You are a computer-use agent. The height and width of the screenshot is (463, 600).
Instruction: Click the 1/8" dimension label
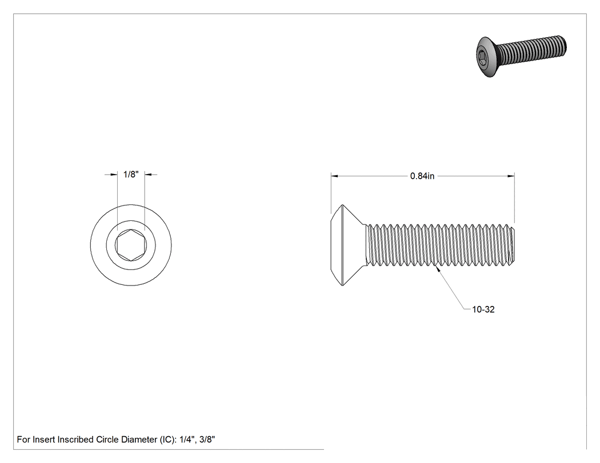click(x=131, y=174)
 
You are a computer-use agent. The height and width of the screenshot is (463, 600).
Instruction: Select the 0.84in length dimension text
click(x=422, y=176)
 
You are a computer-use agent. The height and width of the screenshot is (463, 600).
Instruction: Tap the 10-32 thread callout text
click(x=483, y=309)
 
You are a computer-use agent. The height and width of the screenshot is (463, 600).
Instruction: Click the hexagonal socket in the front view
click(x=131, y=245)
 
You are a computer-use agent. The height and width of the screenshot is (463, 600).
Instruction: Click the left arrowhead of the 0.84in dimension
click(x=334, y=176)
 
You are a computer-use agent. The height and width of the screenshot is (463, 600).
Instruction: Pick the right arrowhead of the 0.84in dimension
click(x=511, y=176)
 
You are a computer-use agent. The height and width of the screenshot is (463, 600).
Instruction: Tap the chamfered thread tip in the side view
click(x=513, y=245)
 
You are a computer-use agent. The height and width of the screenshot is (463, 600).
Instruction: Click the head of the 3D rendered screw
click(x=486, y=57)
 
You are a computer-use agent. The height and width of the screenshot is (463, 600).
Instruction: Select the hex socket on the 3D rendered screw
click(x=481, y=58)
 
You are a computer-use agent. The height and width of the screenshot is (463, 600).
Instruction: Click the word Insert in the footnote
click(x=43, y=439)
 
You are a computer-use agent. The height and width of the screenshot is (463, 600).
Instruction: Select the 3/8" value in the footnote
click(x=207, y=439)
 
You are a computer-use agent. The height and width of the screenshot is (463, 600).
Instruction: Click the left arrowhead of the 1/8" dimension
click(x=114, y=174)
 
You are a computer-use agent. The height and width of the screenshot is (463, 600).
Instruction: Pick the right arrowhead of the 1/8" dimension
click(x=149, y=174)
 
